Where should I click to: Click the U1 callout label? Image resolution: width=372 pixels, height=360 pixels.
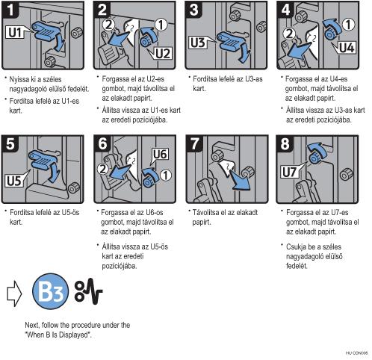coord(15,32)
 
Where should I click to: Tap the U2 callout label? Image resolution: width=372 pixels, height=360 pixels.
coord(162,53)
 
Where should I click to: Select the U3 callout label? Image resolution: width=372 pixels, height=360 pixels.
coord(199,42)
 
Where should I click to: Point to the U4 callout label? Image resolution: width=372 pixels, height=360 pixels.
coord(346,47)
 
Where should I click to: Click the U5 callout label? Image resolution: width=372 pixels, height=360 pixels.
coord(14,180)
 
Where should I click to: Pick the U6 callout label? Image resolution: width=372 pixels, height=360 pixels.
coord(160,155)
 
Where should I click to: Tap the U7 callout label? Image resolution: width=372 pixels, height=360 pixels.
coord(289,172)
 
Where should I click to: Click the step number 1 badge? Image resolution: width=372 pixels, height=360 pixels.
coord(10,10)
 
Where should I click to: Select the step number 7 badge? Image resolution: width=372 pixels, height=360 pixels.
coord(194,143)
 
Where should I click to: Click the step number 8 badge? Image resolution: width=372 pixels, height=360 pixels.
coord(285,143)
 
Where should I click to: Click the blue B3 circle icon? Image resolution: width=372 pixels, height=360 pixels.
coord(50,291)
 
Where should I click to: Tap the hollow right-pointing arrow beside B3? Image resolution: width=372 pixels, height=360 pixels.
coord(14,294)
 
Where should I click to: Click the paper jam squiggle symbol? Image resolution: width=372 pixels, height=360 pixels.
coord(88,291)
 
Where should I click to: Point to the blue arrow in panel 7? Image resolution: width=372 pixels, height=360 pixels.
coord(239,180)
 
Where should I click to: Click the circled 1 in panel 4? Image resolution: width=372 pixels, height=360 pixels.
coord(348,25)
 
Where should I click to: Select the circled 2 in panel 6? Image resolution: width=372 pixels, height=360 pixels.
coord(102,169)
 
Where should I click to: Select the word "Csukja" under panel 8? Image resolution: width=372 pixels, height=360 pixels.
coord(296,247)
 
